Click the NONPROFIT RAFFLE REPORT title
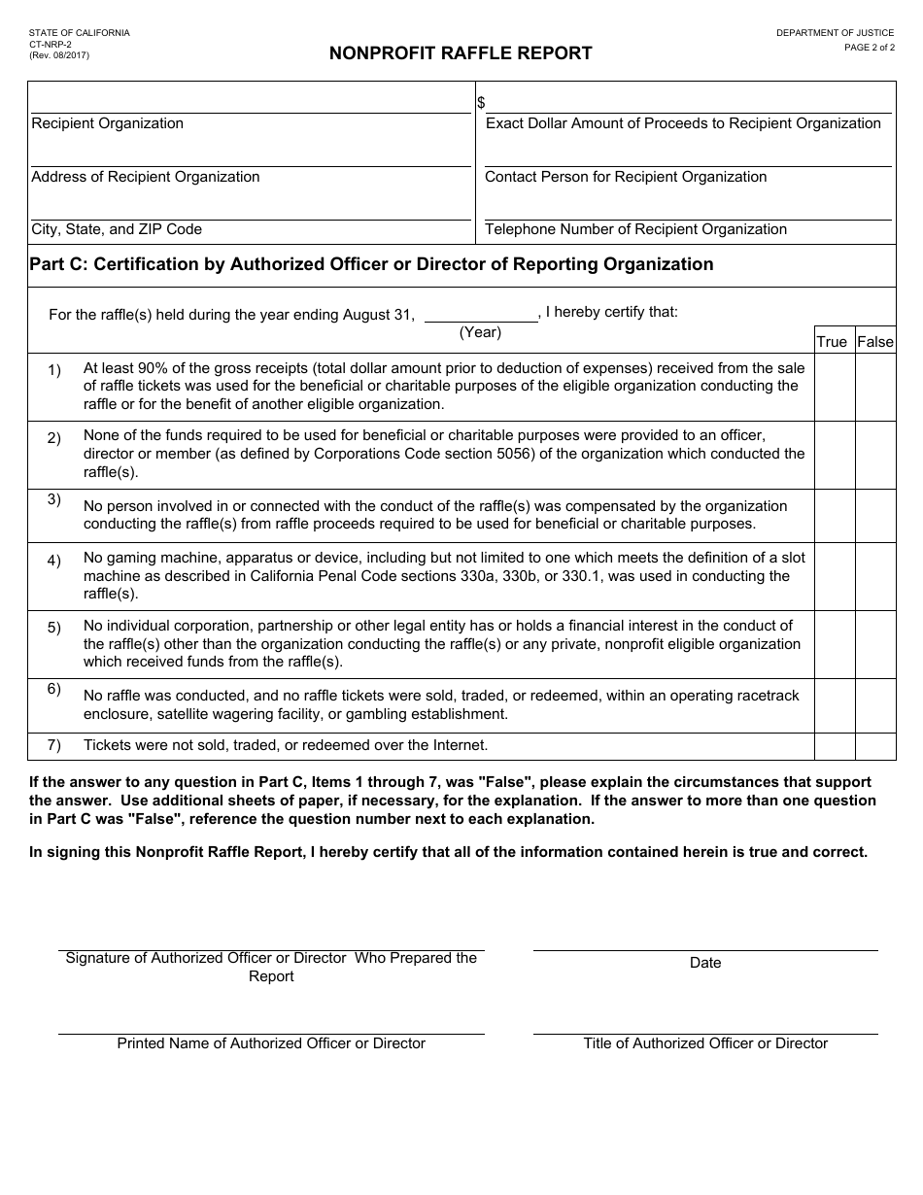(x=461, y=53)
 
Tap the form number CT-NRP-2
(x=50, y=44)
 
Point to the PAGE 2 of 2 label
(x=870, y=47)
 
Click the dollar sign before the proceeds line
(x=481, y=103)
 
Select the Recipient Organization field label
(x=107, y=123)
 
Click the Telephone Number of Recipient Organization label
(x=635, y=229)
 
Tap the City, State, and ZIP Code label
(x=117, y=229)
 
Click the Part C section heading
(x=371, y=264)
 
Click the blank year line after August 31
(x=481, y=315)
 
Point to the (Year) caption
(x=480, y=332)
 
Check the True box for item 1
(x=834, y=387)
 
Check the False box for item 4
(x=874, y=576)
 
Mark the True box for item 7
(x=834, y=746)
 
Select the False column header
(x=874, y=341)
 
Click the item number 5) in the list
(x=54, y=628)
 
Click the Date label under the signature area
(x=705, y=963)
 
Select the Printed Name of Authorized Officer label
(x=271, y=1043)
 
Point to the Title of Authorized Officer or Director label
(x=705, y=1043)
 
